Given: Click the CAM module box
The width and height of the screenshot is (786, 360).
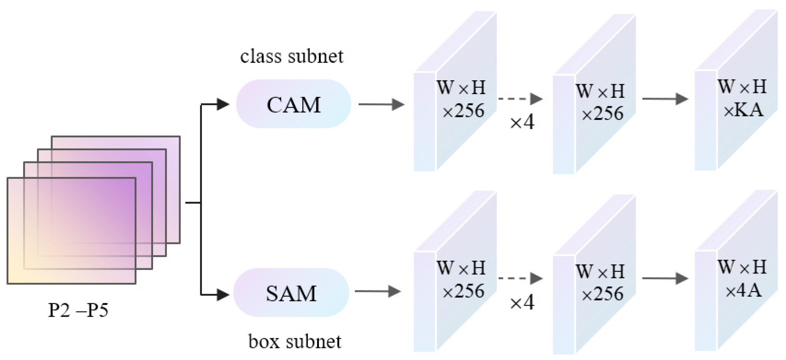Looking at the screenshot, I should coord(293,104).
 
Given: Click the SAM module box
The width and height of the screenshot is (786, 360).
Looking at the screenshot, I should coord(291,292).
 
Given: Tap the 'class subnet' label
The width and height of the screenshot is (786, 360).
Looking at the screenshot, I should coord(292,56).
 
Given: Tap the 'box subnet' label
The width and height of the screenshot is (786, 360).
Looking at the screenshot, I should coord(295,342).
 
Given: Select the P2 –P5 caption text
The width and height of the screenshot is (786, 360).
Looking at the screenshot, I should coord(78,310).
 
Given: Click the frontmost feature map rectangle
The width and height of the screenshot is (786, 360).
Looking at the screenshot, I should coord(71,231).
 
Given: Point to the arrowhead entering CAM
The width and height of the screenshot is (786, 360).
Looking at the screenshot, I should coord(222,104).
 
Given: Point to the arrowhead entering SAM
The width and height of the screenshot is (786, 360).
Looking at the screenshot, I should coord(222,295).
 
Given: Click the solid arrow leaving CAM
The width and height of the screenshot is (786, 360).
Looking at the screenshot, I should coord(381,104).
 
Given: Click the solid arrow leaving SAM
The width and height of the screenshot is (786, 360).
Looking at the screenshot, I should coord(377,291).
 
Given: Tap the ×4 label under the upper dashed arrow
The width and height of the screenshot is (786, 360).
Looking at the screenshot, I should coord(522,122).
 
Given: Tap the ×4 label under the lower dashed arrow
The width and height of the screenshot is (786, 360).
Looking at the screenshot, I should coord(522,303).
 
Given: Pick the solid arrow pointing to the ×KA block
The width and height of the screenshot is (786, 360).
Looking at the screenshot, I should coord(665,99).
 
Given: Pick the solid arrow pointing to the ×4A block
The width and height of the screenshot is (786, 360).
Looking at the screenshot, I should coord(665,278).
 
